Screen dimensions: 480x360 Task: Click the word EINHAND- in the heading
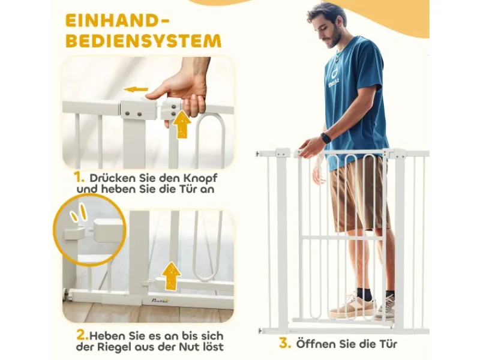tap(117, 21)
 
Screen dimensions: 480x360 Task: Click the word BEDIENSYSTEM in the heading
tap(143, 41)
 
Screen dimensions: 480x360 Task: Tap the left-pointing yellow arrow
tap(136, 89)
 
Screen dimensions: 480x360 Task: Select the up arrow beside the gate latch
tap(182, 125)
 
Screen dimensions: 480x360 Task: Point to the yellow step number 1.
tap(79, 177)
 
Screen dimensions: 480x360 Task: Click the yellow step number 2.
tap(82, 335)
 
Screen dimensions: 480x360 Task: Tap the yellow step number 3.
tap(284, 343)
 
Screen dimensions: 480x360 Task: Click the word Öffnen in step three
tap(316, 343)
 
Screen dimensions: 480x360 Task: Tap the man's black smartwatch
tap(325, 138)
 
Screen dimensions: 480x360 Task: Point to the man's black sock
tap(364, 293)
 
